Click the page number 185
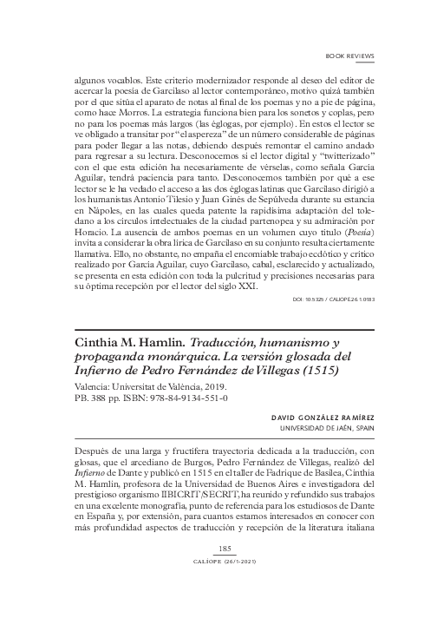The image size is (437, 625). [224, 573]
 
